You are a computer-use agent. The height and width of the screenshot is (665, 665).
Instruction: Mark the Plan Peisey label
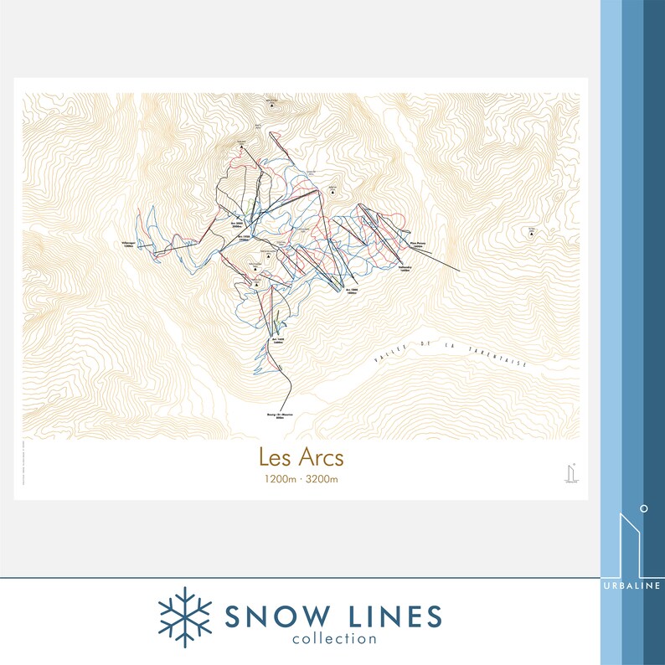[419, 245]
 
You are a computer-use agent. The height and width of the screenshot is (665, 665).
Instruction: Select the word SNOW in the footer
[272, 616]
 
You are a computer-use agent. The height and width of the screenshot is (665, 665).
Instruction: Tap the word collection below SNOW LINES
[334, 640]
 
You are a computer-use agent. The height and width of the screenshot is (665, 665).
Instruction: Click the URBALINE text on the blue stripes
[632, 585]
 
